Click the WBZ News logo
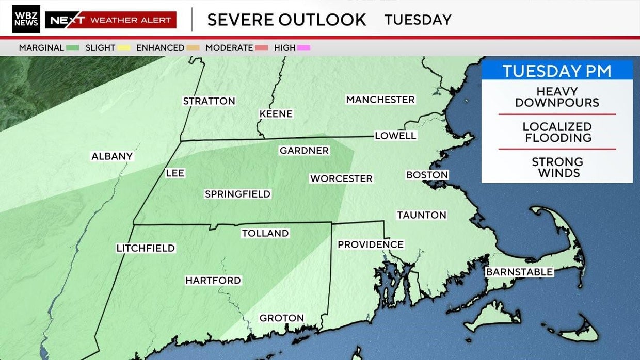tap(26, 19)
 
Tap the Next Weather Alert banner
tap(111, 20)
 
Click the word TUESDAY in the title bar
tap(418, 20)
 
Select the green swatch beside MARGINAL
tap(73, 48)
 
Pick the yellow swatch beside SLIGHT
tap(124, 48)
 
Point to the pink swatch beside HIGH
tap(303, 48)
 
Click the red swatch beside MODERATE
tap(262, 48)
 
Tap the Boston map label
tap(427, 175)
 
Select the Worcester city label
tap(341, 178)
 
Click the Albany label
tap(112, 156)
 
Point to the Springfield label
tap(237, 194)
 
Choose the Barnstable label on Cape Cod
tap(519, 272)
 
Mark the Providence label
tap(371, 244)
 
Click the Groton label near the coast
tap(281, 318)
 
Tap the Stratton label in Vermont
tap(209, 101)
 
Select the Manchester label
tap(380, 100)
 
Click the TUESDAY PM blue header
tap(557, 71)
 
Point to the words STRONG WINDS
tap(557, 168)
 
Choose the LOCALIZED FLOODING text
tap(557, 133)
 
